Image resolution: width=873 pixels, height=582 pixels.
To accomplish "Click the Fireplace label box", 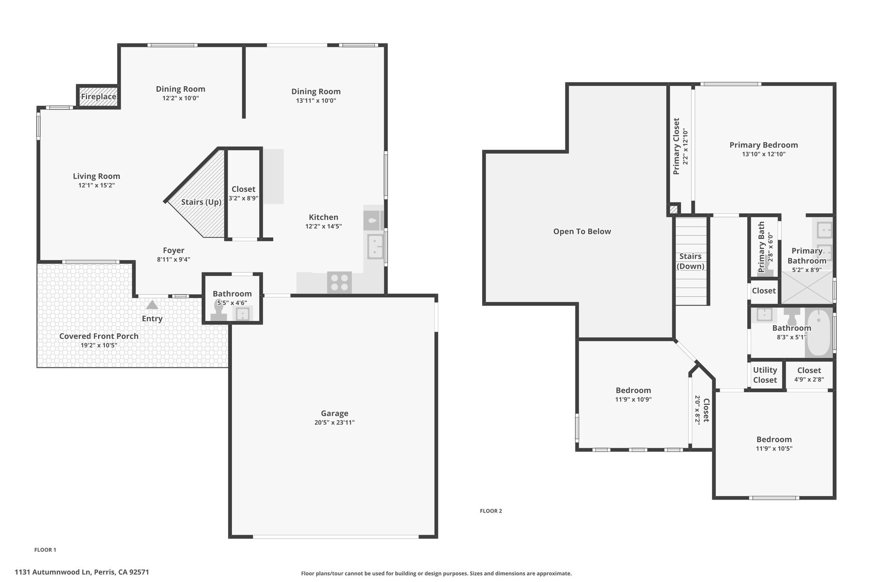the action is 98,97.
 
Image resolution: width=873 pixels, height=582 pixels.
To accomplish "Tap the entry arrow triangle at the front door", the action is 152,305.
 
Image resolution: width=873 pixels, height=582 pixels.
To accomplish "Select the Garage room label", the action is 335,413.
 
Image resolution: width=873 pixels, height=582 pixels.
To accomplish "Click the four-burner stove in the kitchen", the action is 339,282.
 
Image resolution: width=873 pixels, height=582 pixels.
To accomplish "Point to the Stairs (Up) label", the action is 201,202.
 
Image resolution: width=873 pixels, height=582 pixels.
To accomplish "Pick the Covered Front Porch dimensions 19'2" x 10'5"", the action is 99,345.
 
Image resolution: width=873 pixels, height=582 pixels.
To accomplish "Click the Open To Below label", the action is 582,232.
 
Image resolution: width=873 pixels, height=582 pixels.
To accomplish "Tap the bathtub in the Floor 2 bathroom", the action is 818,333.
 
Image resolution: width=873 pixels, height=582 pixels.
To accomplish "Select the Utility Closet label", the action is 765,375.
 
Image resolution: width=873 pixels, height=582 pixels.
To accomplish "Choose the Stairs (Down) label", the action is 691,261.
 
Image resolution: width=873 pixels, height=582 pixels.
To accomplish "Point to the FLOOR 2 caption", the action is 491,511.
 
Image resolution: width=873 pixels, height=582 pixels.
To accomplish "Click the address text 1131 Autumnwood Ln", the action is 53,572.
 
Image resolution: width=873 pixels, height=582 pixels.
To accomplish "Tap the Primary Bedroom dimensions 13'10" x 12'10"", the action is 764,154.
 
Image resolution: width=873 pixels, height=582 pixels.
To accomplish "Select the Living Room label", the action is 96,176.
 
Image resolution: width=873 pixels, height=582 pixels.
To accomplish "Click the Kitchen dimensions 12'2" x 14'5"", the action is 324,226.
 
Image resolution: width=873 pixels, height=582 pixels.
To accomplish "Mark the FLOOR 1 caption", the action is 45,550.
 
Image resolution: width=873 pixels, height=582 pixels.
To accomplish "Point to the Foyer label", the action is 173,250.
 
